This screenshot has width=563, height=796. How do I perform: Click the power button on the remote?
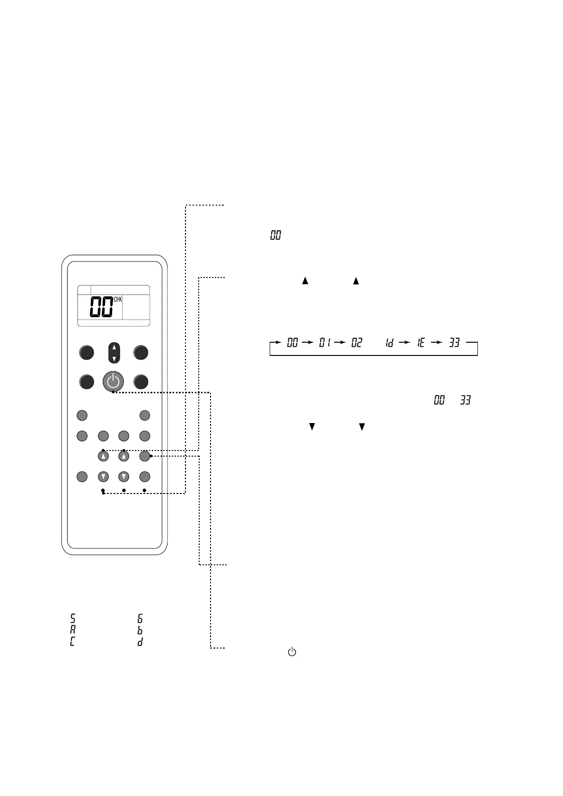click(113, 381)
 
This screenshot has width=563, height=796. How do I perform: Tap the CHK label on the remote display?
click(118, 299)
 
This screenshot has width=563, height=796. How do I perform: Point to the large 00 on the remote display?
click(101, 307)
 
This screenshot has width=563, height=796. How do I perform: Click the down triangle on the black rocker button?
click(114, 359)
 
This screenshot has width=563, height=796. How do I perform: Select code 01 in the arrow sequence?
click(325, 343)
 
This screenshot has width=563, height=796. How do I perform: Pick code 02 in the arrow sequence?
click(357, 343)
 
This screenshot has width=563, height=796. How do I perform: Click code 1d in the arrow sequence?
click(389, 343)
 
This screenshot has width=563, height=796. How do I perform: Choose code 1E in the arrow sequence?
click(421, 343)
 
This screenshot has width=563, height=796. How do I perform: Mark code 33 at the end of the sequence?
click(454, 343)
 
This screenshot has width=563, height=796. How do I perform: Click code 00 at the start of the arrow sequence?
click(292, 343)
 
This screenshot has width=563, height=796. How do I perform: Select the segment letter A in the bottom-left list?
click(73, 630)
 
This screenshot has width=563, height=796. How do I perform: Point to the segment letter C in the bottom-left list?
click(73, 642)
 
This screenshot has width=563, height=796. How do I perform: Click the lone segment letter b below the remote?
click(140, 630)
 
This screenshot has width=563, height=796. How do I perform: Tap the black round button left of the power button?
click(87, 381)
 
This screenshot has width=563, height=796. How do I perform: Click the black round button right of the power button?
click(141, 381)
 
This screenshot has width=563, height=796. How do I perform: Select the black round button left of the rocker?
click(87, 353)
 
